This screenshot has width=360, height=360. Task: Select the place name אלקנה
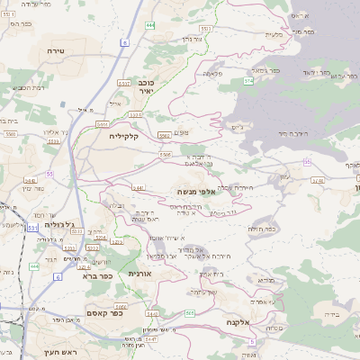pos(256,321)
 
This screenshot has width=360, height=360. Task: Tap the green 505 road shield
pos(190,312)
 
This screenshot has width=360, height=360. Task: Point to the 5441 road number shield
pos(139,187)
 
